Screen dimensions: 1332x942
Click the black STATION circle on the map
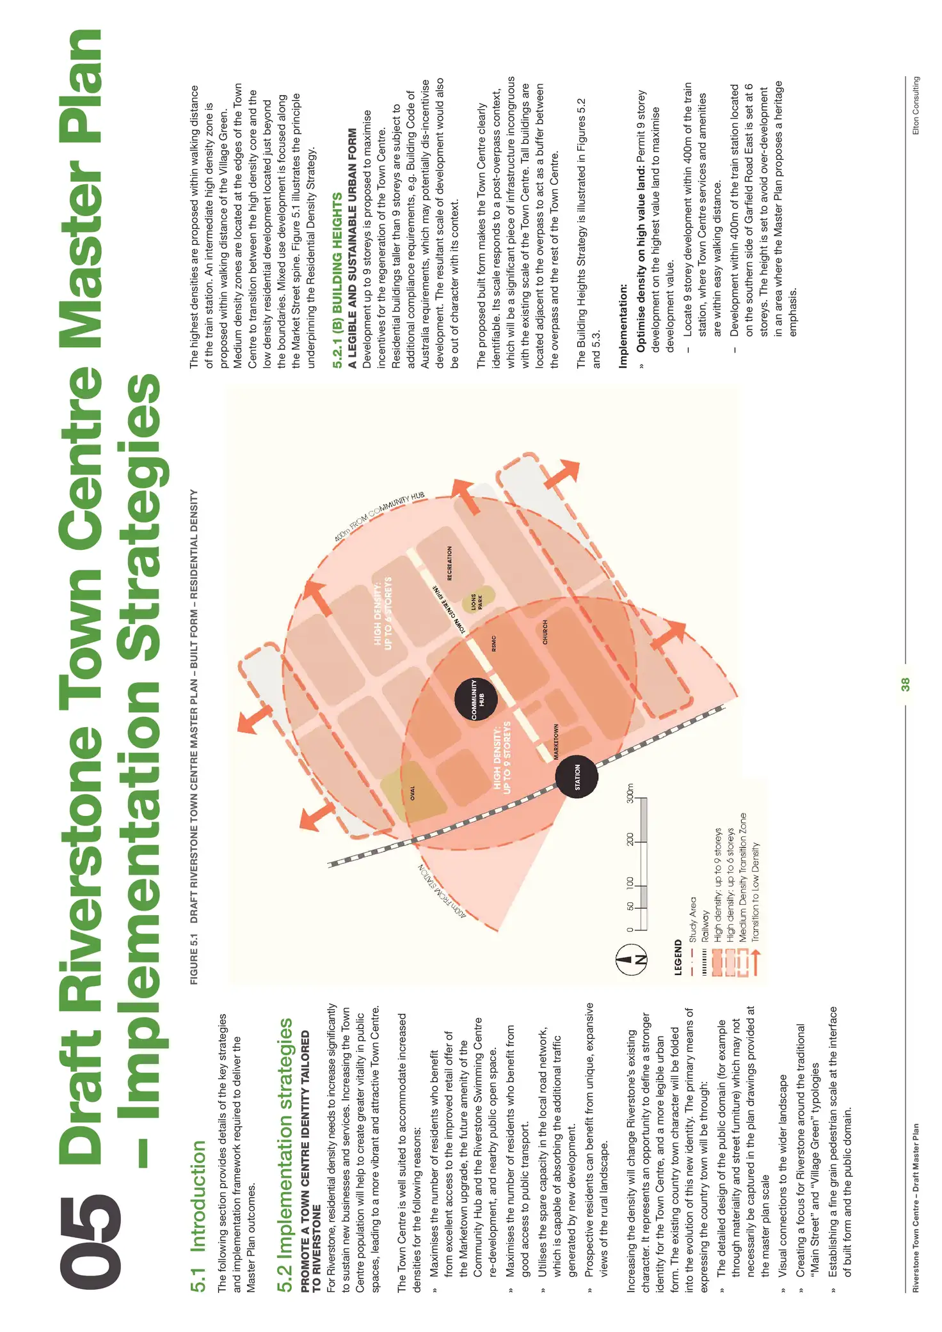pos(577,777)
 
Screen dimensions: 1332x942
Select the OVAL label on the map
pos(413,793)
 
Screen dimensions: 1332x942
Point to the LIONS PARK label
pos(477,602)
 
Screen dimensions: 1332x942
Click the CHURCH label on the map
pos(545,632)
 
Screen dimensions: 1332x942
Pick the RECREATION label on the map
pos(450,563)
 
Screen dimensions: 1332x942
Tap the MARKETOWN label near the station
pos(556,741)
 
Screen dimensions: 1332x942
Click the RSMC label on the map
pos(493,643)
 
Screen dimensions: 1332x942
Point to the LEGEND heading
pos(678,957)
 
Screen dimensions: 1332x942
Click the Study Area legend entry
pos(692,920)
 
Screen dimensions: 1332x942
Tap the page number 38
pos(905,684)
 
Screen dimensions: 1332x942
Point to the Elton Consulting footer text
pos(916,106)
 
